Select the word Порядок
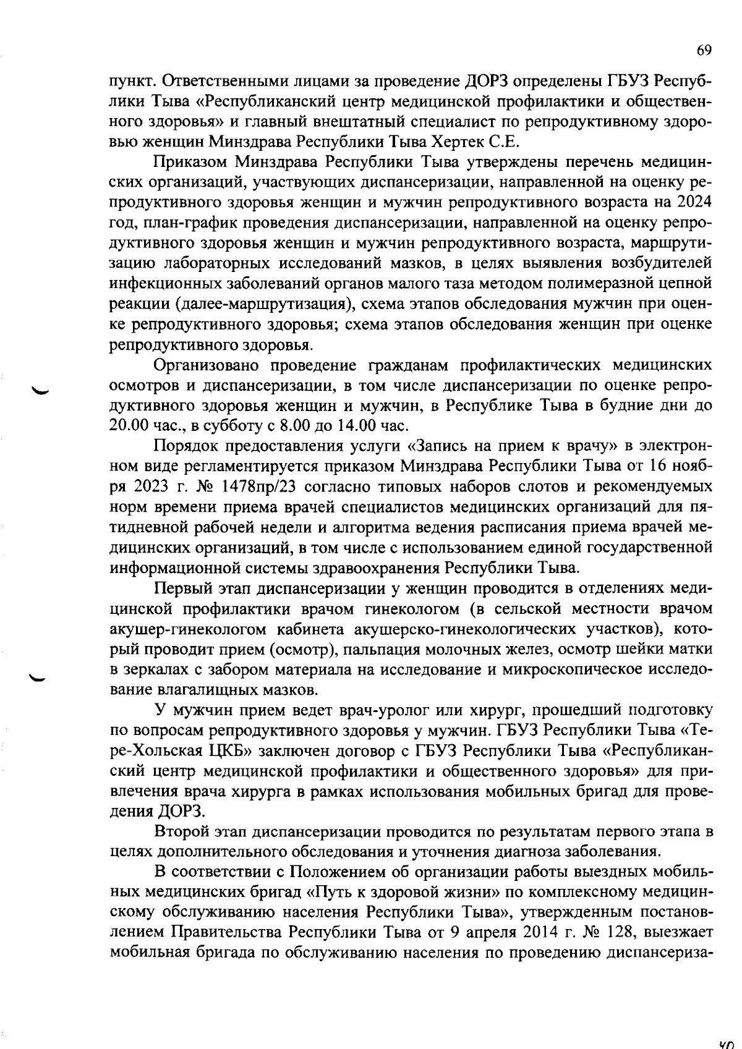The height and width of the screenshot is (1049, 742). pos(183,446)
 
